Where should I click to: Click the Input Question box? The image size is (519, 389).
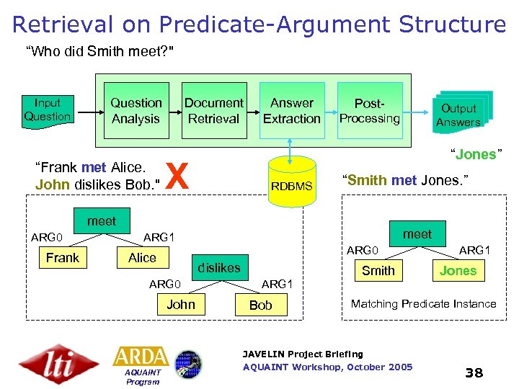[x=48, y=110]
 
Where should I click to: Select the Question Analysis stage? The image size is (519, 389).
[x=136, y=111]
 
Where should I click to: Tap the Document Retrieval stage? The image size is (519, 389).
[x=214, y=111]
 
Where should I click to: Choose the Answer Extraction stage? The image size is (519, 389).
[x=291, y=111]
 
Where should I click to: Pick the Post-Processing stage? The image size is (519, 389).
[x=370, y=111]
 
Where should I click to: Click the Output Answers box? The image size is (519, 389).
[x=459, y=115]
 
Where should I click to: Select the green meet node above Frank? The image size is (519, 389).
[x=101, y=221]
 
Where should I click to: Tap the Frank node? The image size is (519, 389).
[x=63, y=257]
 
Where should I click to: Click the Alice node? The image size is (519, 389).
[x=142, y=257]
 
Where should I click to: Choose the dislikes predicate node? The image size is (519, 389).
[x=219, y=267]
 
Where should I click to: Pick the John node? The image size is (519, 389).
[x=181, y=304]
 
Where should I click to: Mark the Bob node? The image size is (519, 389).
[x=260, y=305]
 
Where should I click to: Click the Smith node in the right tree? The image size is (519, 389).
[x=378, y=270]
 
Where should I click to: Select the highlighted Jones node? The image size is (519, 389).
[x=458, y=270]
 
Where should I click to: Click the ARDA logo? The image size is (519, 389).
[x=141, y=357]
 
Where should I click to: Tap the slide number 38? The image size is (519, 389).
[x=474, y=372]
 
